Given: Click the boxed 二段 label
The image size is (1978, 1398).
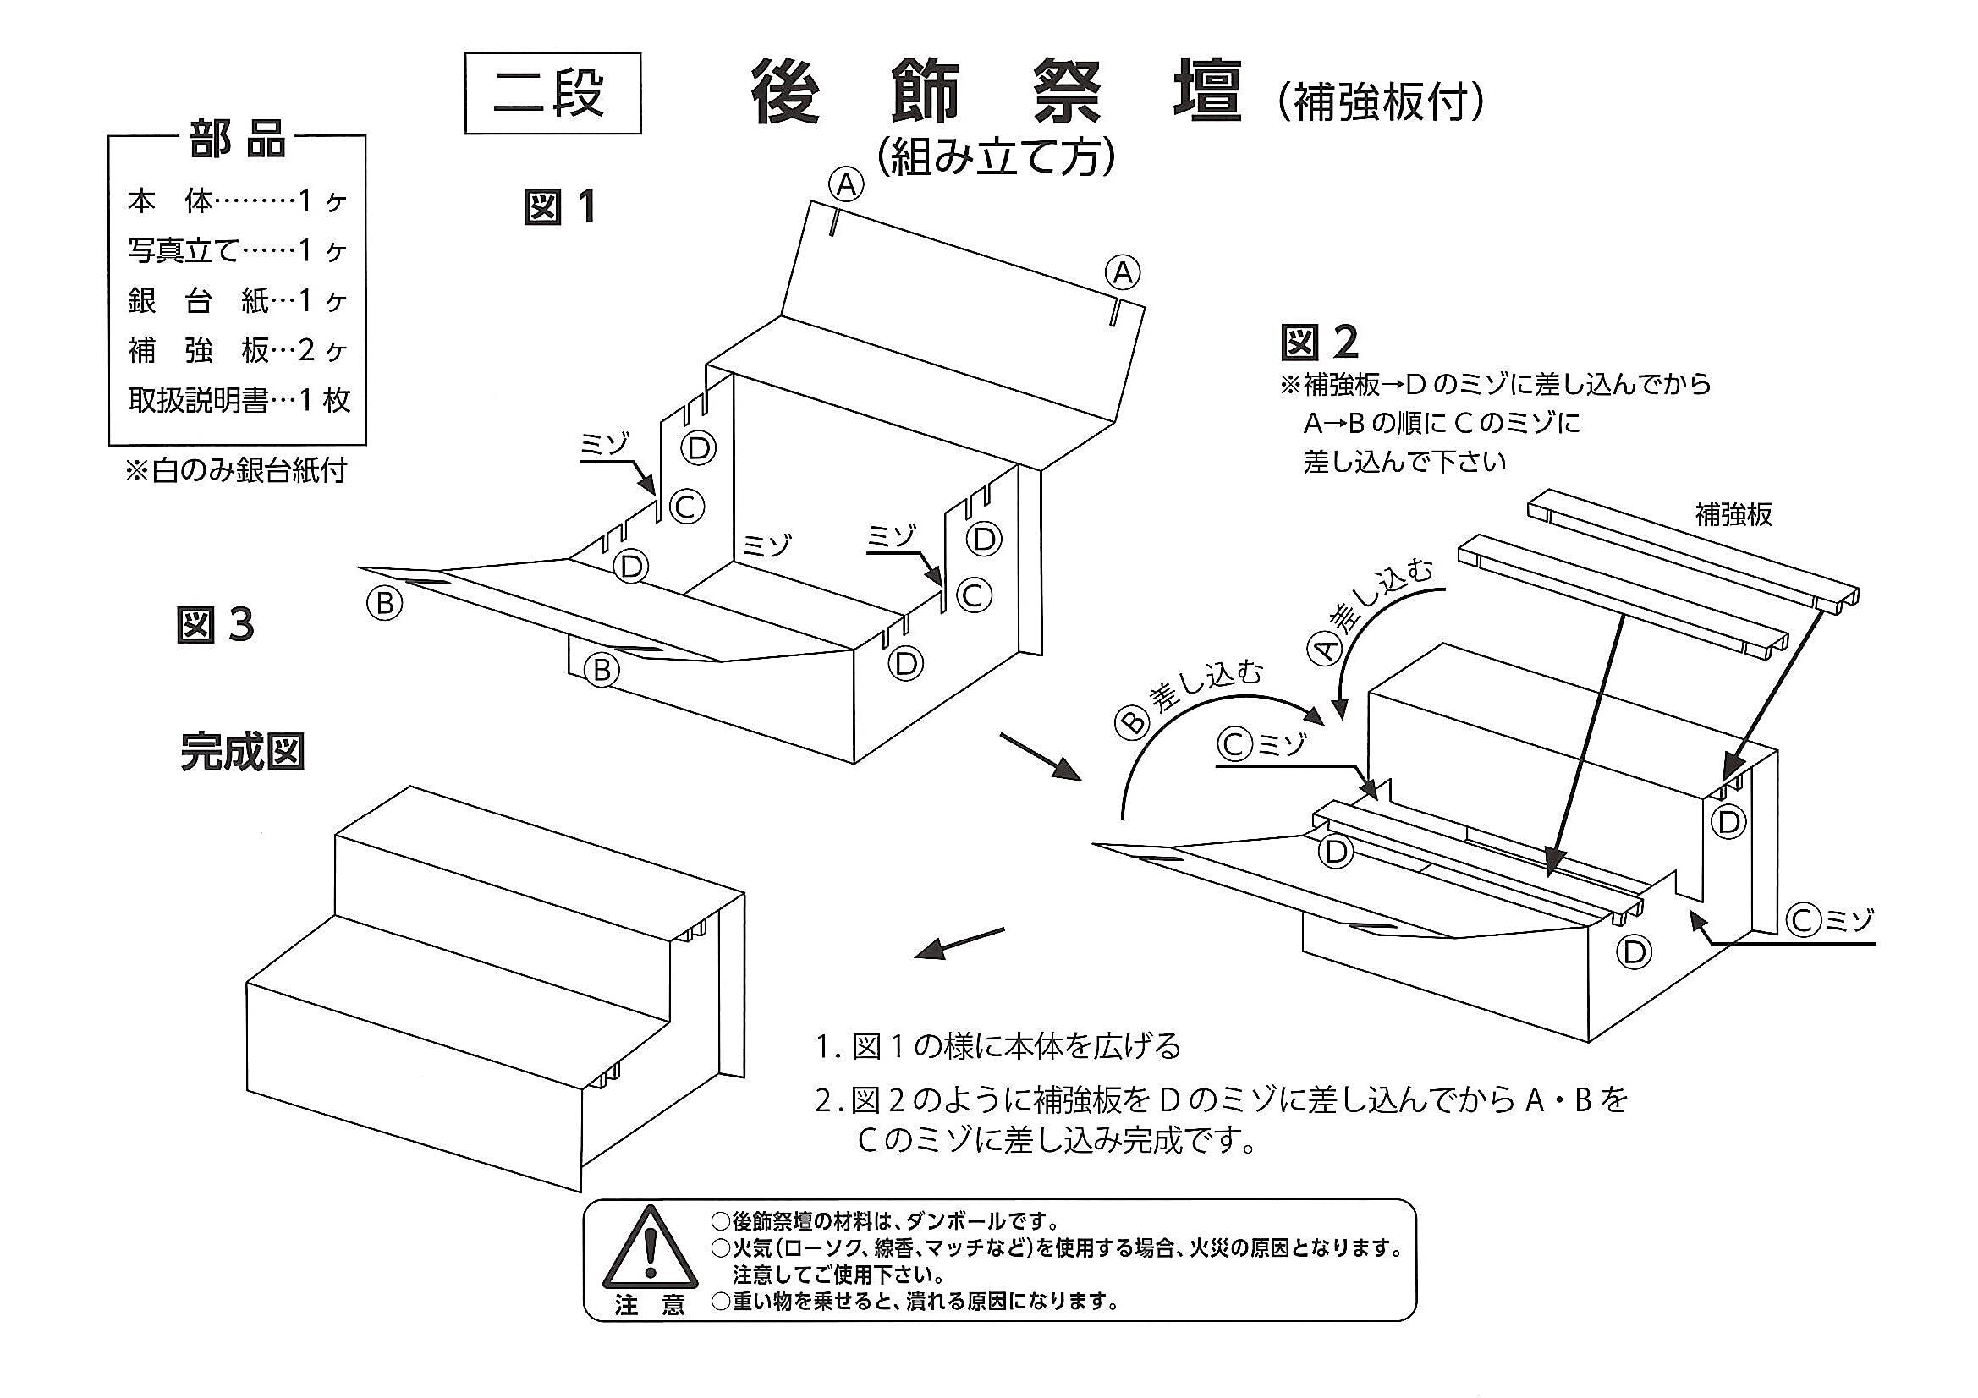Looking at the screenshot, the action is click(x=553, y=93).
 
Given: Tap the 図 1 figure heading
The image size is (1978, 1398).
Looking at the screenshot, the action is click(x=560, y=206).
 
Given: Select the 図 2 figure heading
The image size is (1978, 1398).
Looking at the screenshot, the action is click(x=1319, y=342).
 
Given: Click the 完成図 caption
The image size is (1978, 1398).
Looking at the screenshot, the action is click(x=242, y=751).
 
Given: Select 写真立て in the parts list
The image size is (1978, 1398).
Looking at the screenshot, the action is click(x=182, y=250).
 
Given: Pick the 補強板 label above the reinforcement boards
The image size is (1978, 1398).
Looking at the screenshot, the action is click(x=1734, y=514).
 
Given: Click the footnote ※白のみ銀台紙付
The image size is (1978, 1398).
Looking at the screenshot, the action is click(x=237, y=470).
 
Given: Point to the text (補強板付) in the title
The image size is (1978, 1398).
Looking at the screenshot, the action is click(x=1379, y=102).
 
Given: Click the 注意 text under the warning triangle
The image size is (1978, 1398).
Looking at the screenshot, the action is click(x=650, y=1305).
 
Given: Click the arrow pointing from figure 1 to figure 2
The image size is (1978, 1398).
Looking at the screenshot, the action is click(x=1041, y=757).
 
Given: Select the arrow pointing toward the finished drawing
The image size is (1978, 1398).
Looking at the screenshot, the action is click(x=959, y=943).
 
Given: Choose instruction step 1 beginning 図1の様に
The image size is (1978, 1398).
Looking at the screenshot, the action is click(x=998, y=1047).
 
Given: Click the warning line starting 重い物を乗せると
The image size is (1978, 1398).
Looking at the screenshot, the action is click(x=915, y=1301).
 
